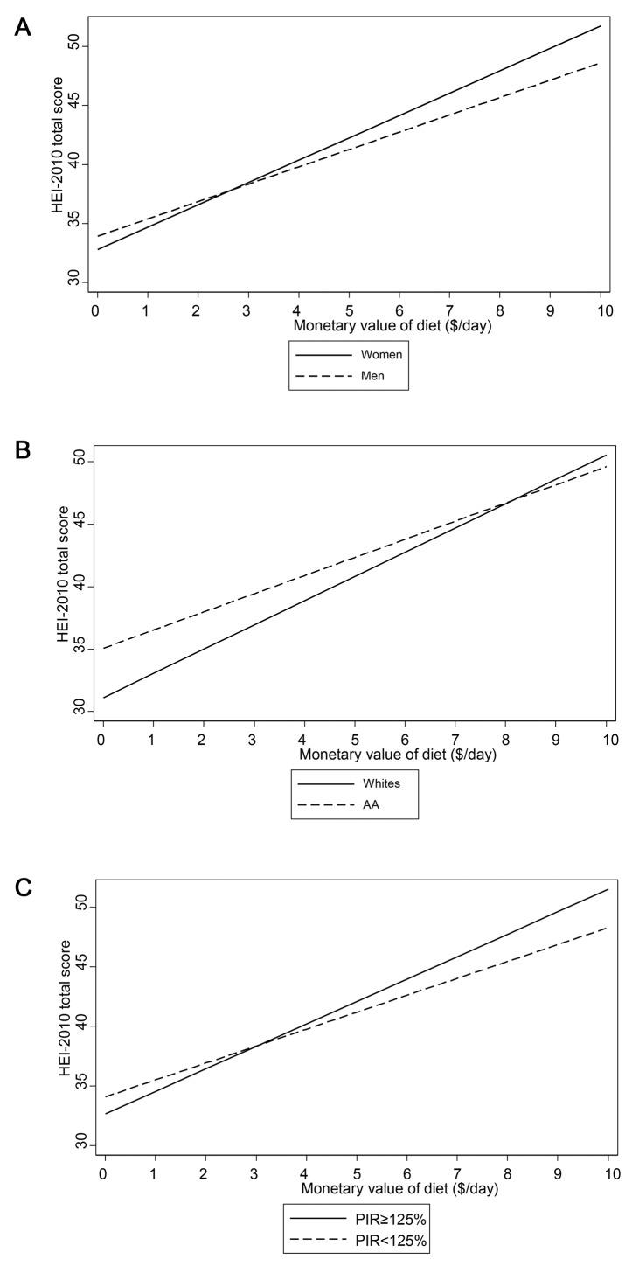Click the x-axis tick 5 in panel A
349,310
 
